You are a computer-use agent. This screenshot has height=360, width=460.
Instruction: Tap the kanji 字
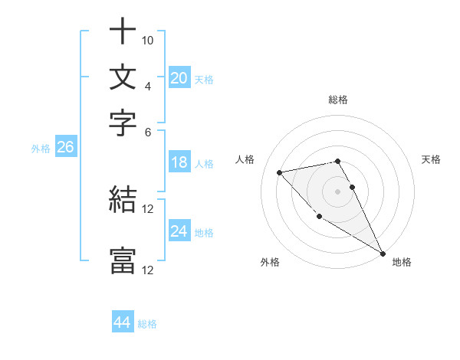(x=123, y=122)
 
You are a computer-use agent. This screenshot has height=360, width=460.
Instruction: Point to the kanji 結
(x=123, y=201)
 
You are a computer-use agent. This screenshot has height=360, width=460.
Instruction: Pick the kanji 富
(x=123, y=261)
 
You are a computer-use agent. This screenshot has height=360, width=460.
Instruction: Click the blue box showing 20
(x=179, y=78)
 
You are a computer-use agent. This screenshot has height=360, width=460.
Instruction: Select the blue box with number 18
(x=179, y=162)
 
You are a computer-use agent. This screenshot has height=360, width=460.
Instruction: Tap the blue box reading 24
(x=179, y=231)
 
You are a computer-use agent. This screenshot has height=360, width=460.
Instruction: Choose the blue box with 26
(x=65, y=148)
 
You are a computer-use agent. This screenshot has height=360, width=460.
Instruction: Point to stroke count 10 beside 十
(x=148, y=39)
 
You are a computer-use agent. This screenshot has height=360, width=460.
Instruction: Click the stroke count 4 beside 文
(x=148, y=85)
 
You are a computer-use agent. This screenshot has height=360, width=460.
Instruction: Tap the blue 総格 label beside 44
(x=147, y=324)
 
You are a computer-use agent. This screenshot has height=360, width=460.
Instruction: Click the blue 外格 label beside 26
(x=41, y=149)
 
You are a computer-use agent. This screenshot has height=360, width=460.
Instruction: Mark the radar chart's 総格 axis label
(x=338, y=100)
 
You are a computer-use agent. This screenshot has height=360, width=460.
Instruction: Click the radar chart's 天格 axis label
(x=432, y=159)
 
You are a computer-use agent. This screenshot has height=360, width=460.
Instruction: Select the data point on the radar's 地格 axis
(x=383, y=254)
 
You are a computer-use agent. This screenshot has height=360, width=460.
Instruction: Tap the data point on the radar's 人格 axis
(x=280, y=172)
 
